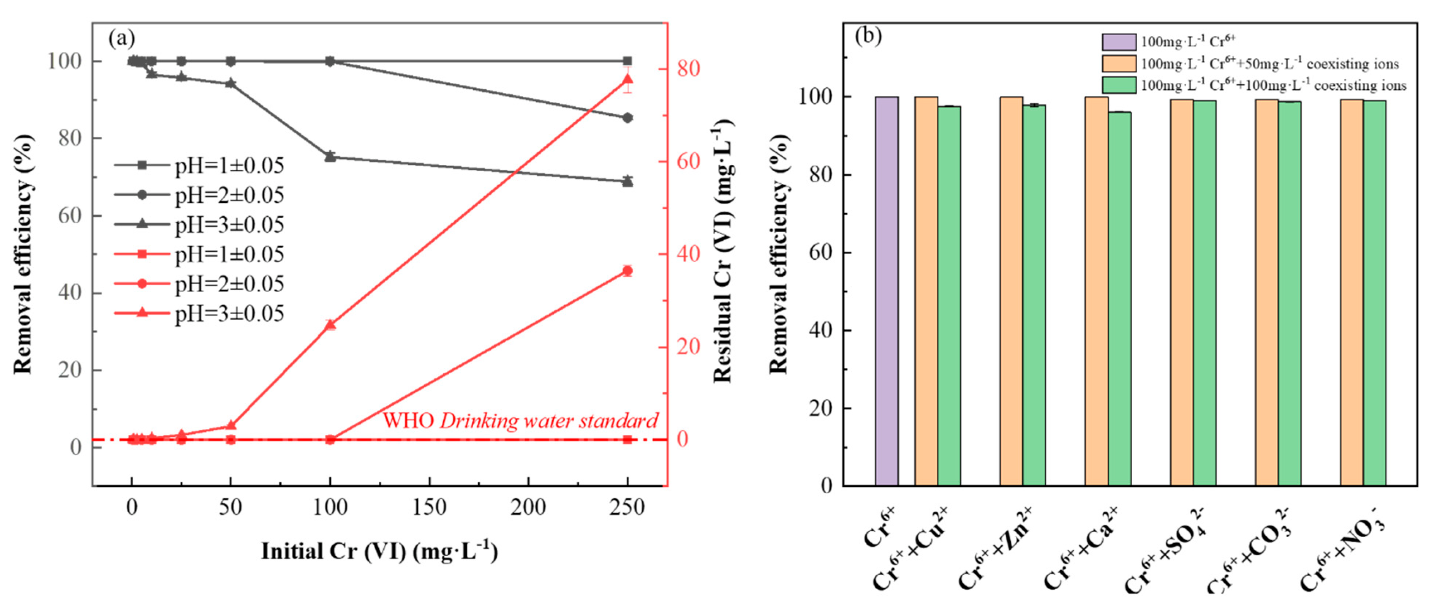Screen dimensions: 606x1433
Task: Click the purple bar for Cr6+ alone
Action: (x=886, y=291)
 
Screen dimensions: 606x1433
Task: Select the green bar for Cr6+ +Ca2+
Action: (x=1119, y=299)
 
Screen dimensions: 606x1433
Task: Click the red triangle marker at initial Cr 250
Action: (x=628, y=80)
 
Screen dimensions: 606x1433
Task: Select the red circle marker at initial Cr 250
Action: (x=628, y=271)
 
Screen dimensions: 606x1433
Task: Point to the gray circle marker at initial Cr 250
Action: (x=628, y=118)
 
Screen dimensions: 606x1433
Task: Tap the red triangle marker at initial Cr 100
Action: (x=330, y=325)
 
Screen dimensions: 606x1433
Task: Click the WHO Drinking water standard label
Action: (x=520, y=421)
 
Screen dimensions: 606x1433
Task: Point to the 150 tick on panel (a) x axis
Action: (x=429, y=507)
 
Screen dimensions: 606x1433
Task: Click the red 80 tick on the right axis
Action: (x=688, y=69)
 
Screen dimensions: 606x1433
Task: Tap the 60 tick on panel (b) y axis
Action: (x=819, y=253)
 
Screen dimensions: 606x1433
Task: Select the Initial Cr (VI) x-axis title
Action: (x=379, y=552)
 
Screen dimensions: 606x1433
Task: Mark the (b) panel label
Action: (x=868, y=36)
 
